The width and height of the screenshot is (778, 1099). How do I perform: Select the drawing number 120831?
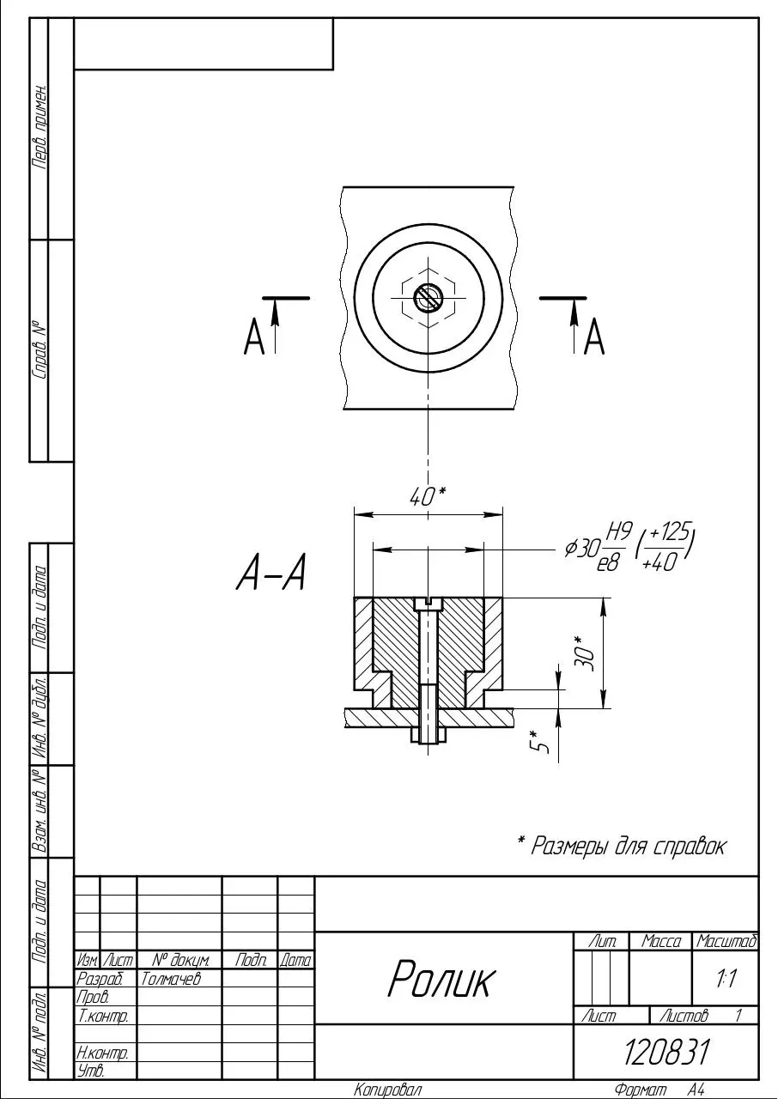666,1053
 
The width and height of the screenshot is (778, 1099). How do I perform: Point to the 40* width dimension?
429,497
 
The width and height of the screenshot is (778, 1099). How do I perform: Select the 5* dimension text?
538,741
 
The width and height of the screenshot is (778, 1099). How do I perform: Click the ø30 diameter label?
582,548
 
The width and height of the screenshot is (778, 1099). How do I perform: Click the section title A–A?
270,572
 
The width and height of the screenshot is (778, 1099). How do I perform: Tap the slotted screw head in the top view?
429,298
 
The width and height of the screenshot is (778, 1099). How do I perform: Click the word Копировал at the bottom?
387,1090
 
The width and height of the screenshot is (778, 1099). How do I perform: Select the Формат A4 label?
659,1090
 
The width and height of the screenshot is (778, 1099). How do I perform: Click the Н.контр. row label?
102,1052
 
